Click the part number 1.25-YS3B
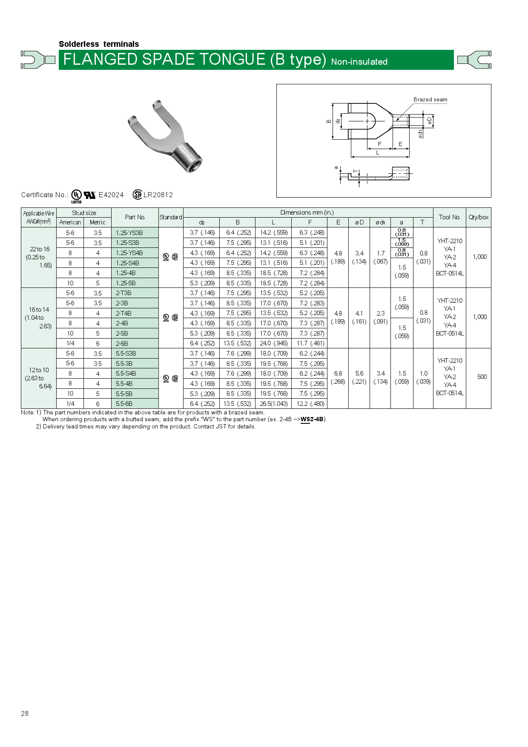(x=129, y=233)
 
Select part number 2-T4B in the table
(x=123, y=313)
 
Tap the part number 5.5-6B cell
(x=124, y=404)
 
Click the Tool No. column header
(x=449, y=217)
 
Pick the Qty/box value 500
(x=482, y=377)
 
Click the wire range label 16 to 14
(x=39, y=310)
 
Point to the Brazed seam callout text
(x=430, y=100)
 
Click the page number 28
(x=25, y=713)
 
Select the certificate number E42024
(x=111, y=195)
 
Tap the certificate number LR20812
(x=158, y=195)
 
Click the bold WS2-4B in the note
(x=312, y=419)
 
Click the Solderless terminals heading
(x=99, y=44)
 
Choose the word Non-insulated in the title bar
(x=359, y=62)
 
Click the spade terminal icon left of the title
(x=38, y=60)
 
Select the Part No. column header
(x=135, y=217)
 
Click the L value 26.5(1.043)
(x=273, y=404)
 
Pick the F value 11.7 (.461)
(x=310, y=343)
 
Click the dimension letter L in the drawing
(x=378, y=153)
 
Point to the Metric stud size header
(x=97, y=222)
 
